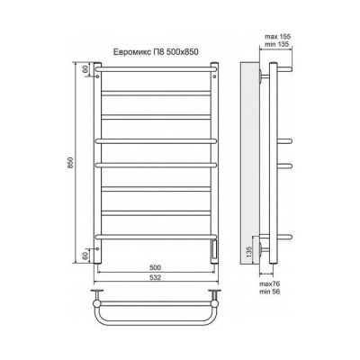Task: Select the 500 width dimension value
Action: coord(157,268)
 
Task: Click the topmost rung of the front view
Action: coord(157,66)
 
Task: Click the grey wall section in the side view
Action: coord(250,162)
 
